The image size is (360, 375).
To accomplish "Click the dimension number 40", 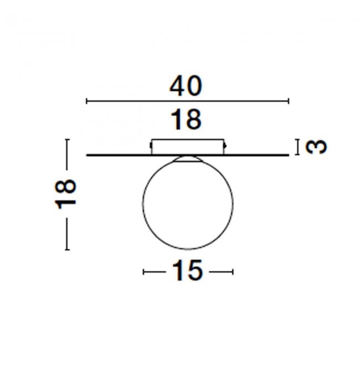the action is (x=186, y=86).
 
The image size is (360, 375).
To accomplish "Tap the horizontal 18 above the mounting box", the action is (x=186, y=120).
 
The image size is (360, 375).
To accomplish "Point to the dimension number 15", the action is (x=188, y=270).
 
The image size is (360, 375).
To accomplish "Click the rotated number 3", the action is (x=316, y=147).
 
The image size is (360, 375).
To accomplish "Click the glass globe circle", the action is (x=143, y=203).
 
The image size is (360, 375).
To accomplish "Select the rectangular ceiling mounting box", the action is (x=188, y=147).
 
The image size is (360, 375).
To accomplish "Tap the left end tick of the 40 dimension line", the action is (x=86, y=101).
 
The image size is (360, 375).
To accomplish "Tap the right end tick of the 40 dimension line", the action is (x=289, y=101).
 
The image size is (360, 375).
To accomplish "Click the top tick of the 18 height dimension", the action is (x=67, y=139).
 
